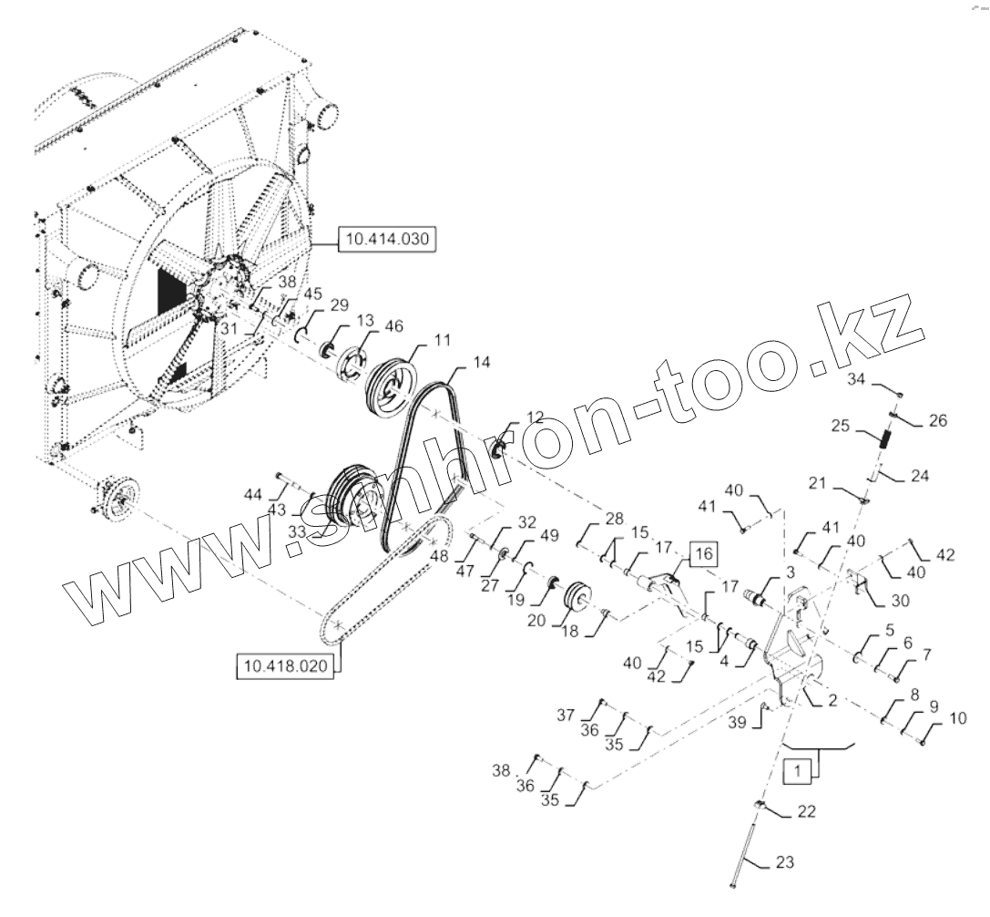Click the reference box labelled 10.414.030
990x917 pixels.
coord(387,240)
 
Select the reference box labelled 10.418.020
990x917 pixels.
coord(284,666)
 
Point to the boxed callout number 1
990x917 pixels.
coord(797,771)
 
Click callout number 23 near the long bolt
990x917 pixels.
coord(784,862)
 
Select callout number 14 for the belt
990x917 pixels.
coord(481,363)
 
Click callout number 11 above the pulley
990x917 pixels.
coord(442,339)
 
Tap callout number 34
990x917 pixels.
coord(859,378)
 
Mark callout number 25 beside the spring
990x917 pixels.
coord(841,426)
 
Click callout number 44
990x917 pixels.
coord(252,493)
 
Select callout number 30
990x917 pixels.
coord(875,602)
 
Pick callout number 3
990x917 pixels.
coord(790,571)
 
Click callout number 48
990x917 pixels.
coord(439,556)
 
